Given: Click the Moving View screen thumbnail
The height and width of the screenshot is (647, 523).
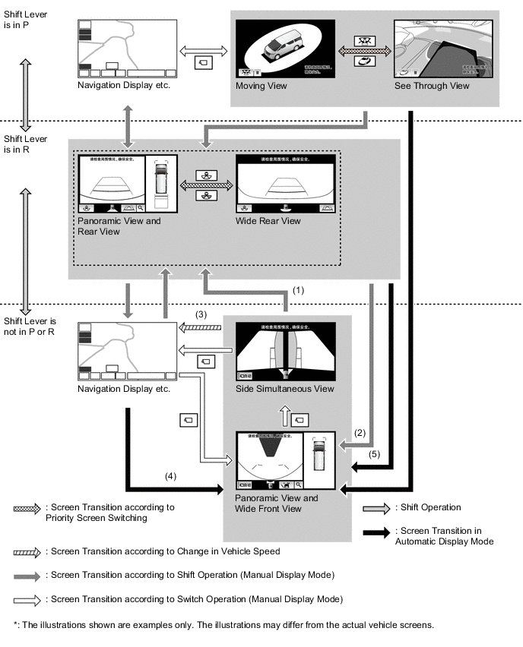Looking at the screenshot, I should (285, 47).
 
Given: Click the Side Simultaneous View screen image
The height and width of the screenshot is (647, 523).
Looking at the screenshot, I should (284, 351).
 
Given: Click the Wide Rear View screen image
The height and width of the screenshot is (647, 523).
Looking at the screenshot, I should (286, 183).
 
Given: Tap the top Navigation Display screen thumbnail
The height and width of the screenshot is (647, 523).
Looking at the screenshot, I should (126, 47).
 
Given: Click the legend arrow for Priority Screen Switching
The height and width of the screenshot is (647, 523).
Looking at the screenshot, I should (27, 508).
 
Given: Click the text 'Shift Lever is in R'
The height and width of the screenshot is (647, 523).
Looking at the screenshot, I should (25, 144).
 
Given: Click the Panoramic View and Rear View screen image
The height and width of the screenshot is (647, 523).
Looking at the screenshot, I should (127, 183).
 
